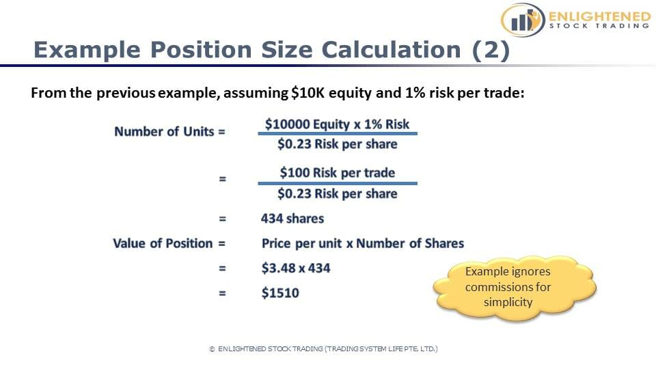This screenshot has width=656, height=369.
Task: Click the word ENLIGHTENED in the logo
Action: pos(599,15)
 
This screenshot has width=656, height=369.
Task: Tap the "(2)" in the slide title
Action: pos(491,50)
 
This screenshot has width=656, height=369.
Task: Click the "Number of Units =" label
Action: pos(169,132)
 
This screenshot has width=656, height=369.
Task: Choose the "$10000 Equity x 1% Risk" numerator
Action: pos(337,124)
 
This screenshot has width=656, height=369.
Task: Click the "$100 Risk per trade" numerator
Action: pos(337,172)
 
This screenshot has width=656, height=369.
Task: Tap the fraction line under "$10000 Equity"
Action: pos(337,134)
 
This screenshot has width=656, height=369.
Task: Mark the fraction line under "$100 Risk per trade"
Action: pos(337,183)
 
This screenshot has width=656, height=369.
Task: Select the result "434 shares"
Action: pos(292,219)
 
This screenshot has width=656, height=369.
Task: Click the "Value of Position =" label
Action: pos(169,243)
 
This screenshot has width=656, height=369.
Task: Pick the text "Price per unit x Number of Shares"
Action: pos(362,243)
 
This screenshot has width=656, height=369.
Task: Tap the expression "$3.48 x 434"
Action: pos(295,268)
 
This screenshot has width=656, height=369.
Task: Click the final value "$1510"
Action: pos(280,293)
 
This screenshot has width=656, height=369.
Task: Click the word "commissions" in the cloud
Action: pos(508,286)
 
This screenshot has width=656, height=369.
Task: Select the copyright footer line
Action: pos(323,348)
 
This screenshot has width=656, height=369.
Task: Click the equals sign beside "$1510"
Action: pos(221,293)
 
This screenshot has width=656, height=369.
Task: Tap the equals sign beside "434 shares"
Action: pos(221,219)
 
